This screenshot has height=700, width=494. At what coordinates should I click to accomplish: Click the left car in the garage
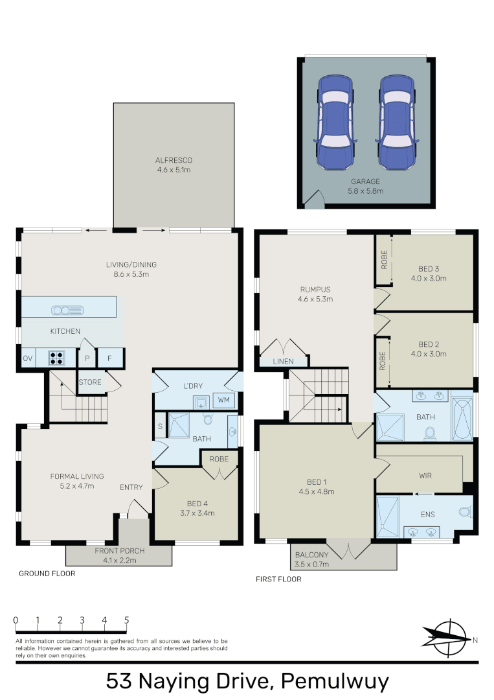click(x=335, y=122)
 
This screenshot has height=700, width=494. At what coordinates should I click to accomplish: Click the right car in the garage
click(x=397, y=122)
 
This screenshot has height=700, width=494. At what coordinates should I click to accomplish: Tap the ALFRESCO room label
click(x=174, y=160)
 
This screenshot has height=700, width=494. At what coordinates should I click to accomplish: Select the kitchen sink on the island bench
click(x=67, y=310)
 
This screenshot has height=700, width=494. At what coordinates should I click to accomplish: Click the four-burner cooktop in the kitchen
click(x=56, y=358)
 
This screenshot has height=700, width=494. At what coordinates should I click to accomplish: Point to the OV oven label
click(x=28, y=358)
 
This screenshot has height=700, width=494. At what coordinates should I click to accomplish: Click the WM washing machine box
click(x=224, y=400)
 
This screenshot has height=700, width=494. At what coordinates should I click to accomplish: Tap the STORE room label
click(x=90, y=382)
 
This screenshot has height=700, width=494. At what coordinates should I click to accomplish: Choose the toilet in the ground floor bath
click(x=208, y=419)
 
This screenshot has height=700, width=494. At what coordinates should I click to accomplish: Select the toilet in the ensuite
click(x=466, y=511)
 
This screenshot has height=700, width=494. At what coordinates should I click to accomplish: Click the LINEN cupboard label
click(x=283, y=361)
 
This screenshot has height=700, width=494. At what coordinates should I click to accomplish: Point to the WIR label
click(x=425, y=476)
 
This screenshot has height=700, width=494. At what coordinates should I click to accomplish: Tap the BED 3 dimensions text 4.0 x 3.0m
click(x=429, y=278)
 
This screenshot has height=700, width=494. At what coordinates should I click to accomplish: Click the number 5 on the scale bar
click(x=127, y=620)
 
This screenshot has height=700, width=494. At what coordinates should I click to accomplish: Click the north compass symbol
click(x=448, y=639)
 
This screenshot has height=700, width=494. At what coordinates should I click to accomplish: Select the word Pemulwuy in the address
click(x=335, y=682)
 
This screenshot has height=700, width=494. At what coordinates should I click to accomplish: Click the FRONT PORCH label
click(x=120, y=551)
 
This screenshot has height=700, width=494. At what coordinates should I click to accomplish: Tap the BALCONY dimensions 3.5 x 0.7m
click(x=311, y=565)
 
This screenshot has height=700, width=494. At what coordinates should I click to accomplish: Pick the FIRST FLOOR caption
click(x=278, y=579)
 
